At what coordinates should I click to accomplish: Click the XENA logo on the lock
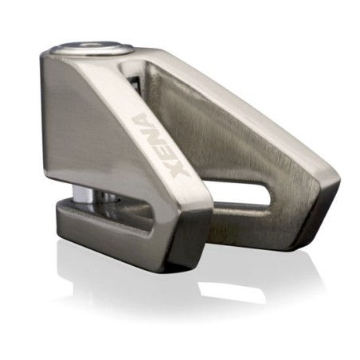coord(161,145)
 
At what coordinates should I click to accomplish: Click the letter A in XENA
coord(142,123)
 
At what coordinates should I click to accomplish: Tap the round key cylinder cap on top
coord(92,49)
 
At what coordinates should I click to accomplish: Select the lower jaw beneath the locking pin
coord(106,229)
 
